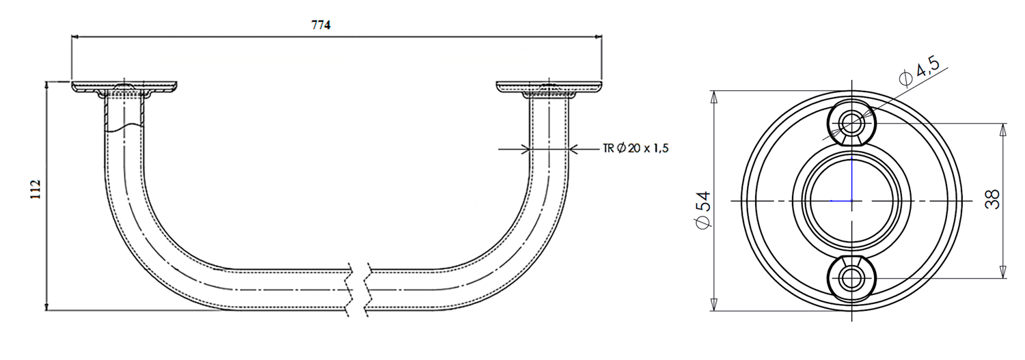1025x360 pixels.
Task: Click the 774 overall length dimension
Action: click(x=320, y=25)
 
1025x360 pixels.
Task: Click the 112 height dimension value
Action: click(x=36, y=189)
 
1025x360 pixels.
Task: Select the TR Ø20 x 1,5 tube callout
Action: click(x=635, y=148)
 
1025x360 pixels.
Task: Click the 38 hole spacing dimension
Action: click(x=992, y=200)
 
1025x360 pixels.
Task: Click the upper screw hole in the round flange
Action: click(x=851, y=122)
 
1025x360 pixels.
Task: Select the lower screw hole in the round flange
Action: click(x=851, y=278)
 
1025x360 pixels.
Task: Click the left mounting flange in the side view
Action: click(x=124, y=89)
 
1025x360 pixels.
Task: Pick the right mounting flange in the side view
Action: click(x=549, y=89)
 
